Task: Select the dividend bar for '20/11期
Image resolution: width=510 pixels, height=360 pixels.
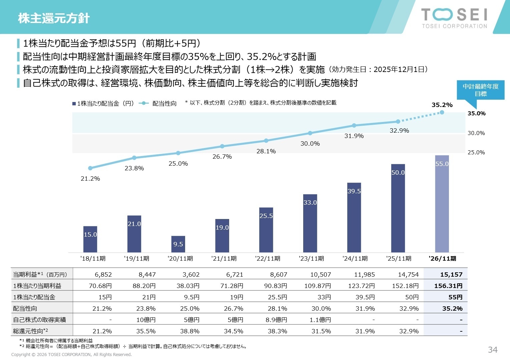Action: point(178,244)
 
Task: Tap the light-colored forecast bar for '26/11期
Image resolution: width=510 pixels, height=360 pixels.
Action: point(442,204)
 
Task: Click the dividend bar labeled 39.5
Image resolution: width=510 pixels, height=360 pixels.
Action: point(354,217)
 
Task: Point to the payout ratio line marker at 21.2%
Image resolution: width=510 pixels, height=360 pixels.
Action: point(90,168)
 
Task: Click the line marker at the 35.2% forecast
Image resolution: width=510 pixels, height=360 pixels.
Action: point(442,112)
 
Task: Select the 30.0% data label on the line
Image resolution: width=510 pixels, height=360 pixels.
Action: point(310,144)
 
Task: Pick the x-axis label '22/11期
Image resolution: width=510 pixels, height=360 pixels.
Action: point(268,259)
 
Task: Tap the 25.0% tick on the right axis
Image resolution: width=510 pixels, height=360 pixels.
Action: point(476,152)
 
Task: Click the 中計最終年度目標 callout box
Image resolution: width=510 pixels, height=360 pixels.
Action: point(480,90)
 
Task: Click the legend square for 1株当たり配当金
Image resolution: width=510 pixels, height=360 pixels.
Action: point(74,104)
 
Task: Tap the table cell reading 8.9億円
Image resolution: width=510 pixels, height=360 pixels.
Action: point(276,320)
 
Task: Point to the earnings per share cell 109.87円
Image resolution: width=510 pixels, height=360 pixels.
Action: point(318,286)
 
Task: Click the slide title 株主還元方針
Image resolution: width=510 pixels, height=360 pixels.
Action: point(54,18)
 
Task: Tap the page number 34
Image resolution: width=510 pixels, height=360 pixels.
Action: point(492,349)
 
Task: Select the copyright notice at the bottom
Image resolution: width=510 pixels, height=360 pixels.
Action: point(71,354)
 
